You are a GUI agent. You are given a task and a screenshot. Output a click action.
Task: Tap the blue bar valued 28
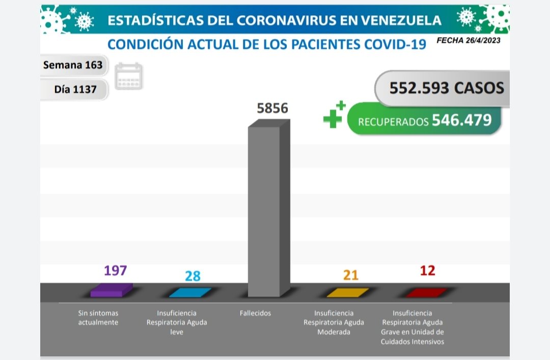pos(189,292)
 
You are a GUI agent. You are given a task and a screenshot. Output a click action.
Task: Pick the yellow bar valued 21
pos(347,292)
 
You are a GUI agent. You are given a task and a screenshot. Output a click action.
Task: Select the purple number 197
pos(115,270)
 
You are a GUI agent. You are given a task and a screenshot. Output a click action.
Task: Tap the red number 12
pos(428,270)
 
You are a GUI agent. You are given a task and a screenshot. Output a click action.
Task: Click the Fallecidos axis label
pos(255,313)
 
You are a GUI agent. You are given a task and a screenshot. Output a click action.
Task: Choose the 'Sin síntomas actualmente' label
pos(98,318)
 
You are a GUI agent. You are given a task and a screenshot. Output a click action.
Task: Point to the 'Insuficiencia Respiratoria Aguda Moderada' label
pos(334,322)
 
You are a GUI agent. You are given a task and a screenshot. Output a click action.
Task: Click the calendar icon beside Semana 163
pos(128,76)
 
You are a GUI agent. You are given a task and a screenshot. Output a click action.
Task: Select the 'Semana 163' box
pos(73,65)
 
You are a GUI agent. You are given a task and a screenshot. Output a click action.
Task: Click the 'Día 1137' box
pos(75,90)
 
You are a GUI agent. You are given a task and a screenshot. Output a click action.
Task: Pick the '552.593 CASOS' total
pos(446,88)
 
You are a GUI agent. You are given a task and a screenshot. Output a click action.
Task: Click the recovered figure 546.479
pos(461,120)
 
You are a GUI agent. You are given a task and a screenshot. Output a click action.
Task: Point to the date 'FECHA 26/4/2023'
pos(468,41)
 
